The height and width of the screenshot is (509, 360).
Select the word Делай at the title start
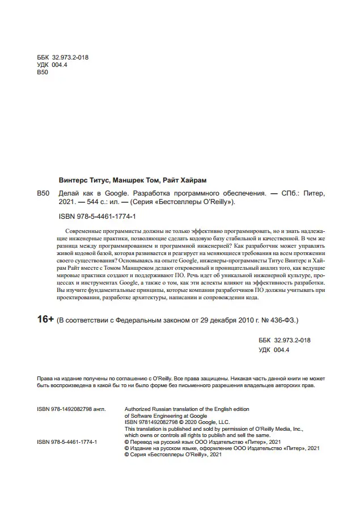pos(70,193)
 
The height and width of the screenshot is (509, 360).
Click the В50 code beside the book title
pos(43,193)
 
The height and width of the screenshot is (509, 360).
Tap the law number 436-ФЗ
pos(285,320)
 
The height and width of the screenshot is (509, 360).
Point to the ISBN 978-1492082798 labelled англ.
pos(66,408)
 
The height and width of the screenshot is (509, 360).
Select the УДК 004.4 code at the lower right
pos(274,350)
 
